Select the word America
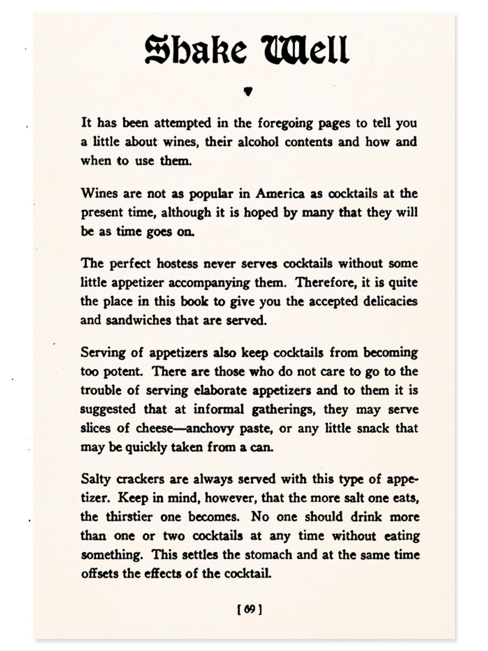[x=280, y=194]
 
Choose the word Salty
[x=95, y=479]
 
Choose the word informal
[x=219, y=409]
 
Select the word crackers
[x=139, y=479]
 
